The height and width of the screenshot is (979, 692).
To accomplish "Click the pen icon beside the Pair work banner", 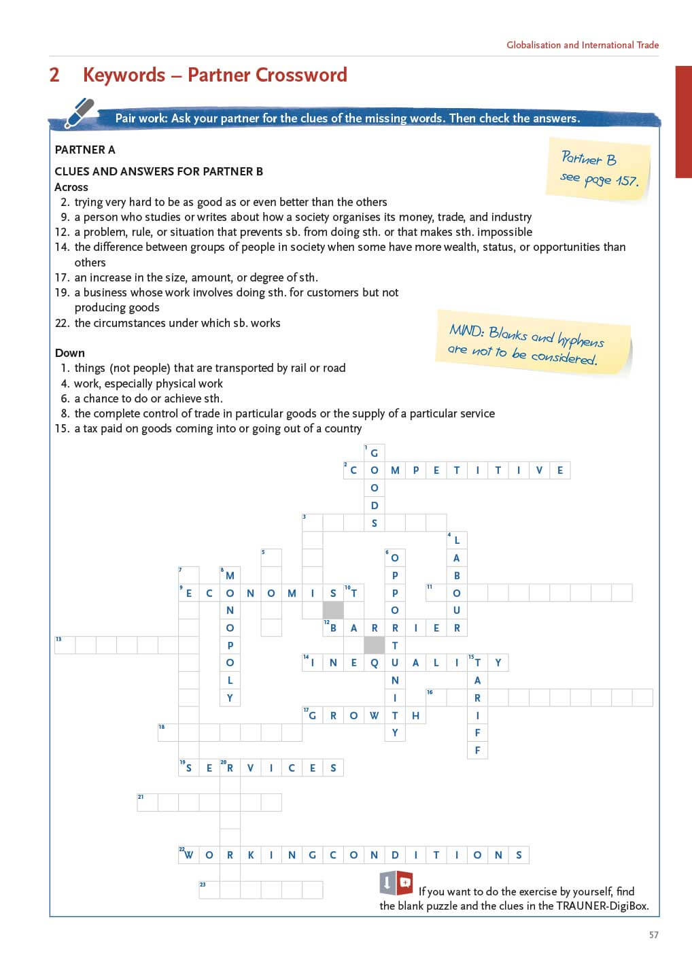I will (x=80, y=113).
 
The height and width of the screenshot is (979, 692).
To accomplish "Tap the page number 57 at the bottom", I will (x=653, y=935).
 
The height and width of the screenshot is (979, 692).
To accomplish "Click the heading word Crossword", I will (x=302, y=75).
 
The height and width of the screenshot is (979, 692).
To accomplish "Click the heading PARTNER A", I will (x=85, y=150).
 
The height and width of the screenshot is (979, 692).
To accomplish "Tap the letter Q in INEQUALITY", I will (x=374, y=663).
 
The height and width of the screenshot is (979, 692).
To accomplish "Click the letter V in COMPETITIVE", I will (x=539, y=470).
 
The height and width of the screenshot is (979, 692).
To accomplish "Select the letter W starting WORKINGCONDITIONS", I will (x=189, y=855).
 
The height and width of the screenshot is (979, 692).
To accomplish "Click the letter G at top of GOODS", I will (x=374, y=453).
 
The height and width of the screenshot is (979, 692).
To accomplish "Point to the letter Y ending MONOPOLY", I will (x=230, y=698).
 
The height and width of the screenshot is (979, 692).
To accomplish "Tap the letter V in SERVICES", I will (x=250, y=768).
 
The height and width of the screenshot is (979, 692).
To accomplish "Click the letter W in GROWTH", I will (x=374, y=715).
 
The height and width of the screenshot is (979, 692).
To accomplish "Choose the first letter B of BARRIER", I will (x=333, y=628).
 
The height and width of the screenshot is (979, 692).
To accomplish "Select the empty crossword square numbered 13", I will (x=65, y=645).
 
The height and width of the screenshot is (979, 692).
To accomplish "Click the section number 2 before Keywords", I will (x=54, y=75).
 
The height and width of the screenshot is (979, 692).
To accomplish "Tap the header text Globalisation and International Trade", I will (x=583, y=45).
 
